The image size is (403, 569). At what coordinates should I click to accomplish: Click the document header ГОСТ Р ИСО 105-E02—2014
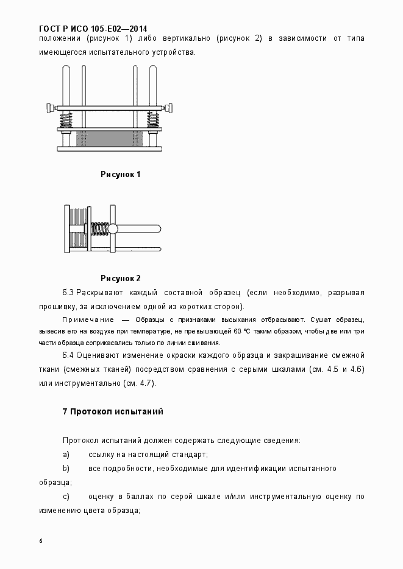coord(93,28)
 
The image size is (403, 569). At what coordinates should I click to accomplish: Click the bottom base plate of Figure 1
coord(110,148)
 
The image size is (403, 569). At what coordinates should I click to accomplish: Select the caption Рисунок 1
coord(121,175)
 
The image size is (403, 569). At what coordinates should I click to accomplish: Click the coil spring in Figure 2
coord(99,229)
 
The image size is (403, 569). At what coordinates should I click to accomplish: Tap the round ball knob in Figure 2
coord(113,229)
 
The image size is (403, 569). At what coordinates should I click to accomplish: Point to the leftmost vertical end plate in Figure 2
coord(66,229)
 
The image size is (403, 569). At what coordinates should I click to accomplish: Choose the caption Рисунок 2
coord(121,279)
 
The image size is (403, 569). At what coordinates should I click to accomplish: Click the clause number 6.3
coord(68,293)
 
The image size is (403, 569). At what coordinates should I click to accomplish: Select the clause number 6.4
coord(68,355)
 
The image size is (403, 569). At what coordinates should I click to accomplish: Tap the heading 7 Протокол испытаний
coord(113,412)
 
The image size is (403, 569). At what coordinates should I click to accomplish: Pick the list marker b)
coord(66,469)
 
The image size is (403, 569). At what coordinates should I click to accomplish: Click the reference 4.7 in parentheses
coord(146,383)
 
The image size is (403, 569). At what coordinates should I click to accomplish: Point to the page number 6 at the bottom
coord(40,541)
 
